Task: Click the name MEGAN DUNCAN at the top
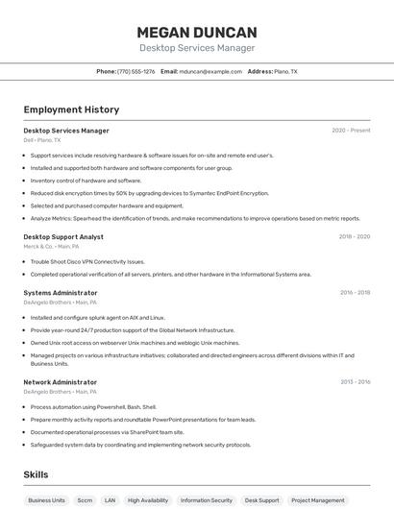pyautogui.click(x=196, y=32)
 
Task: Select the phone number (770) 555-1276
pyautogui.click(x=135, y=71)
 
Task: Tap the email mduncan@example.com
pyautogui.click(x=210, y=71)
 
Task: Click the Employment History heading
pyautogui.click(x=71, y=109)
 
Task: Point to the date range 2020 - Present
pyautogui.click(x=351, y=131)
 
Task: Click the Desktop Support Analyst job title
pyautogui.click(x=63, y=236)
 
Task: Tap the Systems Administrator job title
pyautogui.click(x=61, y=293)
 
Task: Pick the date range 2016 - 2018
pyautogui.click(x=355, y=293)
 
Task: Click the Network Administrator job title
pyautogui.click(x=61, y=382)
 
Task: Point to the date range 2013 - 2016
pyautogui.click(x=355, y=382)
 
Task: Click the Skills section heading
pyautogui.click(x=36, y=474)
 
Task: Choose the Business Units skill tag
pyautogui.click(x=46, y=500)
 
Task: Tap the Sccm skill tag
pyautogui.click(x=85, y=500)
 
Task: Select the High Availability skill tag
pyautogui.click(x=148, y=500)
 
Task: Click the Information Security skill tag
pyautogui.click(x=207, y=500)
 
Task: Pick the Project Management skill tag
pyautogui.click(x=317, y=500)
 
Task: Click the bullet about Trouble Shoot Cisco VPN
pyautogui.click(x=87, y=261)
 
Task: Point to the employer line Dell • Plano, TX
pyautogui.click(x=42, y=140)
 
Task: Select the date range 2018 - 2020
pyautogui.click(x=355, y=236)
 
